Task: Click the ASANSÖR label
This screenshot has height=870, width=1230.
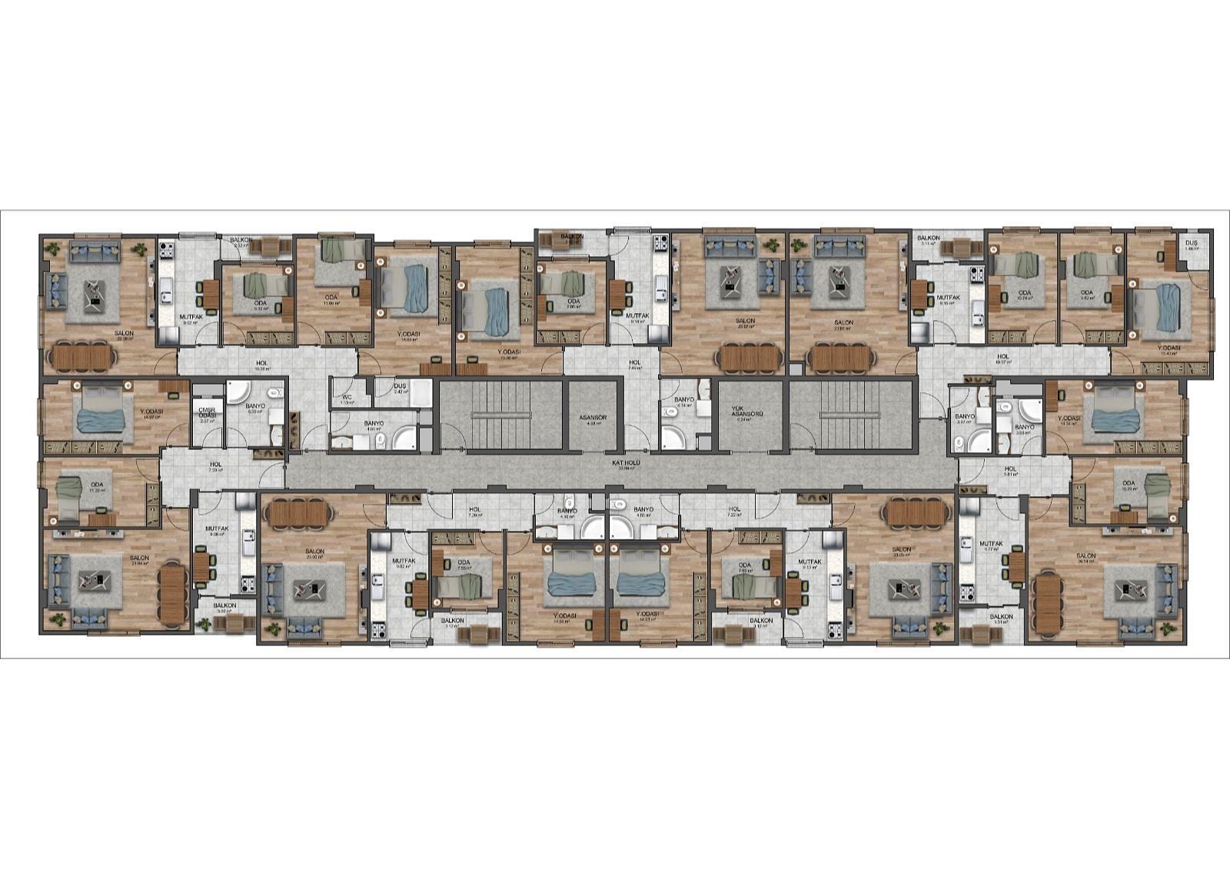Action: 593,418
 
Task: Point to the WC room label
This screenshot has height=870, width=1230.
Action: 347,397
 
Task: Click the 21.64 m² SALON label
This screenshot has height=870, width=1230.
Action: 139,558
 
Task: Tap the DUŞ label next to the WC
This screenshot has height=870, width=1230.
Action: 399,387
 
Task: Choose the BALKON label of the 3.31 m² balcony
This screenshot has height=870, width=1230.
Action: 1001,617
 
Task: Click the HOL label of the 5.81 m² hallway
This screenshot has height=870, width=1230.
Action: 1010,468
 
